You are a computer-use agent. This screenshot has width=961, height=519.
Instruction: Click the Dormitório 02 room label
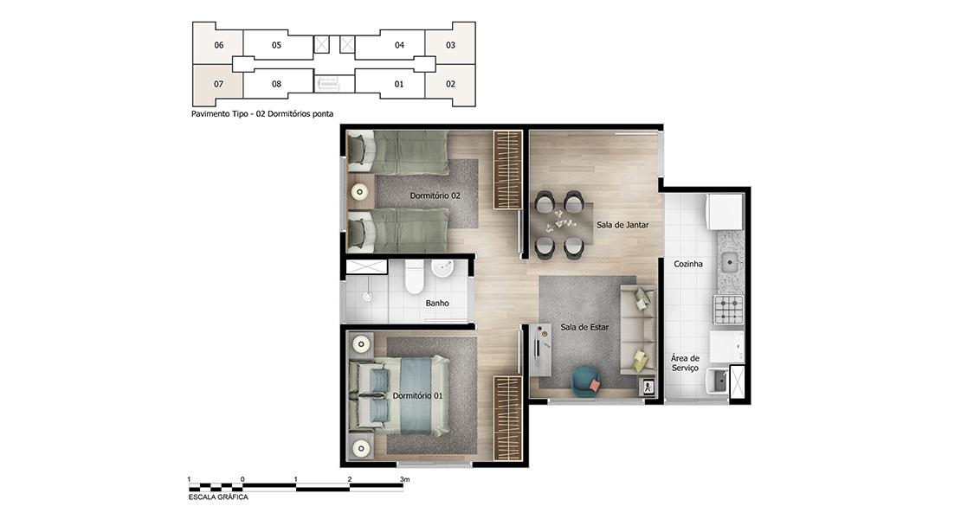(435, 195)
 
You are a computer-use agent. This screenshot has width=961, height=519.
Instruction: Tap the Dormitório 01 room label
(416, 396)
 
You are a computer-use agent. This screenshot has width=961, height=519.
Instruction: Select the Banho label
(437, 303)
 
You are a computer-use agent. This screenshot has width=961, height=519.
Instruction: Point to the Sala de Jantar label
(622, 225)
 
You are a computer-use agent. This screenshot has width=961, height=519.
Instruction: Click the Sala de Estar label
(584, 328)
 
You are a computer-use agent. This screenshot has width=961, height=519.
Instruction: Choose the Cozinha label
(687, 264)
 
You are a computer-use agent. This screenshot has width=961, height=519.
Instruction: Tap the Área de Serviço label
(685, 363)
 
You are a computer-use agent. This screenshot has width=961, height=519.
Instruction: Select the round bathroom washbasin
(442, 267)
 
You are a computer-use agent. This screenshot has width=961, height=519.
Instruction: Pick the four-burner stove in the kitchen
(728, 309)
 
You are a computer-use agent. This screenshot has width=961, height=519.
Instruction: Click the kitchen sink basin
(730, 263)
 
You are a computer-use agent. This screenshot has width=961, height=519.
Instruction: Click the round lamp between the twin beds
(359, 192)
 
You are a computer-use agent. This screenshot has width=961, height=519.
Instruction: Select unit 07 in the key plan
(218, 85)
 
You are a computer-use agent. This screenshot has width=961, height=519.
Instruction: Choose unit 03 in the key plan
(450, 45)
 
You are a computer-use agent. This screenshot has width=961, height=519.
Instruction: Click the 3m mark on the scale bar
(404, 480)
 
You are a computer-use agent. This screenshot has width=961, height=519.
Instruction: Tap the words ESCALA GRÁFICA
(218, 497)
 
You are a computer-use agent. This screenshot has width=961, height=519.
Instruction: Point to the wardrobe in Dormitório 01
(508, 418)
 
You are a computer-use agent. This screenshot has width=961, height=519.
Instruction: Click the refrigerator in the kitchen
(725, 212)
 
